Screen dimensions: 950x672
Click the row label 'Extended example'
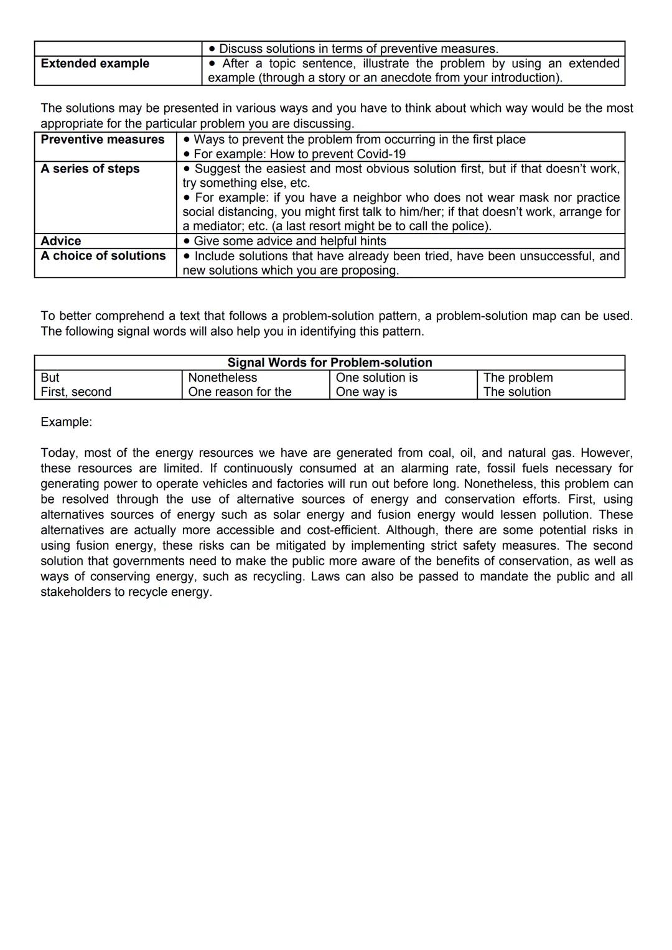[95, 63]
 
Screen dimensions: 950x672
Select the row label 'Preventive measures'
[102, 139]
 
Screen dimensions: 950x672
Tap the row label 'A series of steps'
[90, 169]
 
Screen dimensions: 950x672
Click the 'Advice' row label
[60, 241]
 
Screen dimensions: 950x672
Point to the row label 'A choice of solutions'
[103, 256]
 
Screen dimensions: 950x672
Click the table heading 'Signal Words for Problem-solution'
[329, 362]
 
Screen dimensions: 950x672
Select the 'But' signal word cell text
[50, 378]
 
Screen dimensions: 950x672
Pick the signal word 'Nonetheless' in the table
[222, 378]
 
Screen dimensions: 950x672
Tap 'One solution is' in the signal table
[376, 378]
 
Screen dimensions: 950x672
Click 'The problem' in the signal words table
[518, 378]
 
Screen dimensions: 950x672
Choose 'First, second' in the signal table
[76, 392]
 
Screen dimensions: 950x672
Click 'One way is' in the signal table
[366, 392]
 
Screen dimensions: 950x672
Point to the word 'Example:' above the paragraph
[66, 422]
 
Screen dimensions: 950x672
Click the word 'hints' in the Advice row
[373, 242]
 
